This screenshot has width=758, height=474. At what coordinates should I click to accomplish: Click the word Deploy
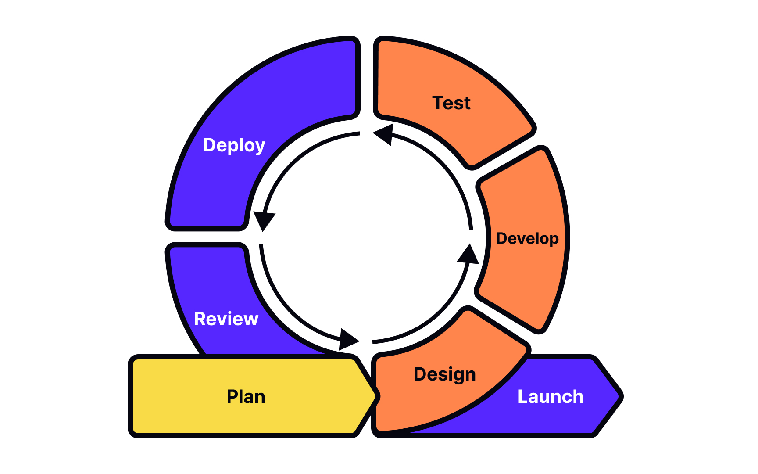[234, 145]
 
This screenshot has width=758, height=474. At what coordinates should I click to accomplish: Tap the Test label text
[451, 103]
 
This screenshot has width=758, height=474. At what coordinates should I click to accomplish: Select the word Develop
[527, 238]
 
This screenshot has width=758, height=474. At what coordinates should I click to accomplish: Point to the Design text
[444, 374]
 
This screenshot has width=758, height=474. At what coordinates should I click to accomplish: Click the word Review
[226, 319]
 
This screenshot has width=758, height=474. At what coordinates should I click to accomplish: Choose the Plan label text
[246, 397]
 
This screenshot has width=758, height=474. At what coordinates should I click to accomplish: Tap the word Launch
[551, 397]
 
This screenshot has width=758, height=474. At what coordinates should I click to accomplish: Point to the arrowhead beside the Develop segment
[468, 255]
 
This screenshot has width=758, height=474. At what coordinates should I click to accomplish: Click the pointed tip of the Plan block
[376, 396]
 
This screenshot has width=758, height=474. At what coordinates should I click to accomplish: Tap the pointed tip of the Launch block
[620, 396]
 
